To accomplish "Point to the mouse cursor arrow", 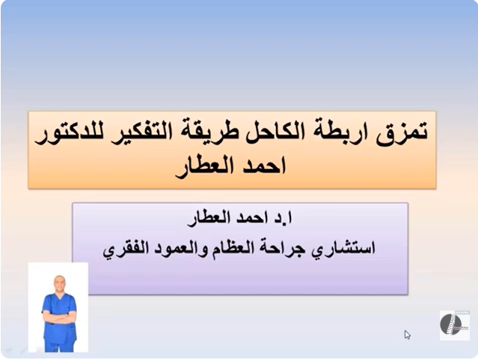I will [407, 335].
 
